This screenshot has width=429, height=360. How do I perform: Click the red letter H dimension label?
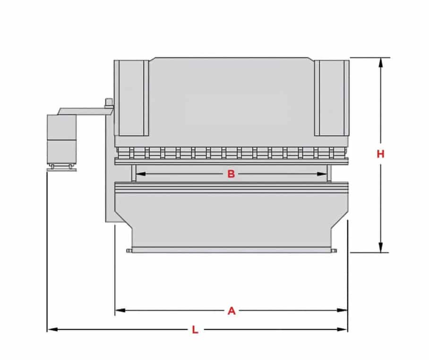(x=380, y=154)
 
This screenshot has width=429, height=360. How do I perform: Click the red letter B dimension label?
(x=231, y=174)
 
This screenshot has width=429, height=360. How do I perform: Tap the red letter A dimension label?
(x=232, y=311)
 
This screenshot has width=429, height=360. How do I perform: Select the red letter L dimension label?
(x=195, y=330)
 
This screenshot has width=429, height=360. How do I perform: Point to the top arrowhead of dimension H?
(x=380, y=63)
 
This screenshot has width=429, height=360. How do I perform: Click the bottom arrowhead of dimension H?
(x=380, y=247)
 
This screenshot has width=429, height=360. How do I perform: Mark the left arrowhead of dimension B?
(x=141, y=174)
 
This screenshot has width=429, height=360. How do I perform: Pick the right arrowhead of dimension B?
(x=322, y=174)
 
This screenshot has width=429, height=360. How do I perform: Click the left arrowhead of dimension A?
(x=120, y=310)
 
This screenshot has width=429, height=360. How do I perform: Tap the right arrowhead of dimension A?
(x=342, y=310)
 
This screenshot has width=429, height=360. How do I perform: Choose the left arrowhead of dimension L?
(x=52, y=329)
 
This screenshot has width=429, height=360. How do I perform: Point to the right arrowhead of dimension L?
(x=342, y=329)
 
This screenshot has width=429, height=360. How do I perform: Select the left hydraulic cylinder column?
(x=131, y=98)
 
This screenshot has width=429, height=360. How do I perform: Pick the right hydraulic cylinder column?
(x=332, y=98)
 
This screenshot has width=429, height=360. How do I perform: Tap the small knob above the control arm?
(x=109, y=102)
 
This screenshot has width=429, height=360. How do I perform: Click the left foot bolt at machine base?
(x=129, y=250)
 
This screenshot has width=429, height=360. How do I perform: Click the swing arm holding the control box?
(x=85, y=111)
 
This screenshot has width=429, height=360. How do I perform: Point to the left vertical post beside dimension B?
(x=134, y=173)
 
